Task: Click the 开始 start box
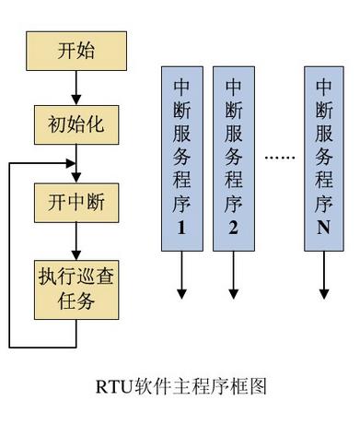[x=76, y=52]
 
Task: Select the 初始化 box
[x=76, y=123]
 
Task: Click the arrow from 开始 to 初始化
[x=76, y=87]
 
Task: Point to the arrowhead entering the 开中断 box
[x=76, y=177]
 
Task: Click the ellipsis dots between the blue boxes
[x=277, y=159]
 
